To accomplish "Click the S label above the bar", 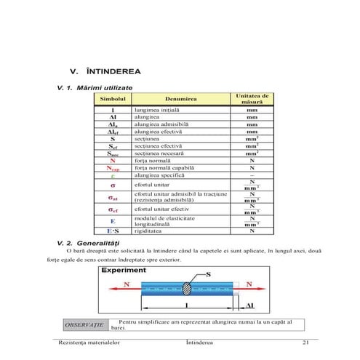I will pyautogui.click(x=208, y=273).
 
